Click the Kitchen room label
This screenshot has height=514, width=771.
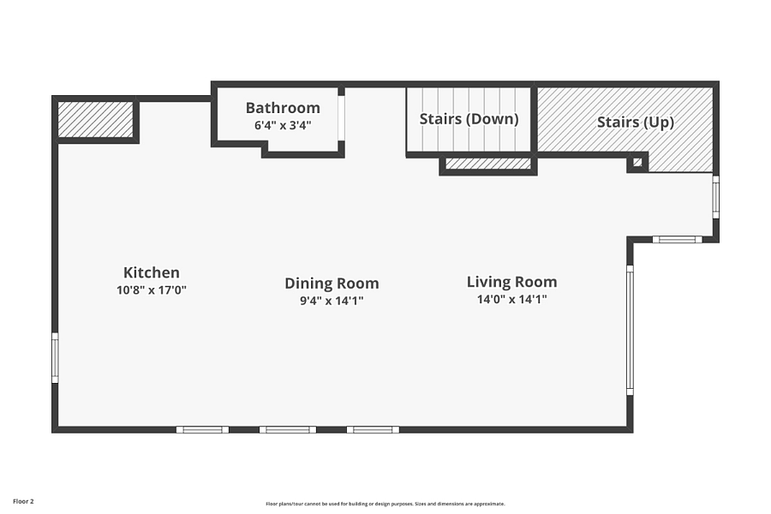pos(152,272)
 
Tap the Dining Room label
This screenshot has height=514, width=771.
pos(332,284)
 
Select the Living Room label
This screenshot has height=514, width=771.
pos(512,282)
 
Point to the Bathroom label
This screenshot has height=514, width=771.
pos(283,108)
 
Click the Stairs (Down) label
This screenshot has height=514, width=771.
pos(469,119)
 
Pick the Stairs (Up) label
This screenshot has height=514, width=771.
pos(636,123)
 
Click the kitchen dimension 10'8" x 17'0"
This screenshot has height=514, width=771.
pos(152,290)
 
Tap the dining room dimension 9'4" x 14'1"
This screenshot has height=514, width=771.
pos(332,301)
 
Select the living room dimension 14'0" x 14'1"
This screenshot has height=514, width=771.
pos(512,299)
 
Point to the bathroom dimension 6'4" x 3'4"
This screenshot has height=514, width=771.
pos(283,125)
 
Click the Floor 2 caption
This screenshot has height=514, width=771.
pos(23,502)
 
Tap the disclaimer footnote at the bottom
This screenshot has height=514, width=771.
pos(385,504)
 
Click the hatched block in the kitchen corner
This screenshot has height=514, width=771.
pos(96,120)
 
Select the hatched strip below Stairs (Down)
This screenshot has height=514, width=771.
pos(487,164)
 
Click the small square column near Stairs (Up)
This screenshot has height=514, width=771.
pos(637,162)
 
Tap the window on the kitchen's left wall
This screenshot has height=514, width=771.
pos(55,358)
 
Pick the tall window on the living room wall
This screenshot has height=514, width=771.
pos(630,330)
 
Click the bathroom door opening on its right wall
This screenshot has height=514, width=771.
pos(341,118)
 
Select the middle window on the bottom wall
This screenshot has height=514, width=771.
pos(288,430)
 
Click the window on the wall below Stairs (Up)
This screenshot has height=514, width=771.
pos(677,240)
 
